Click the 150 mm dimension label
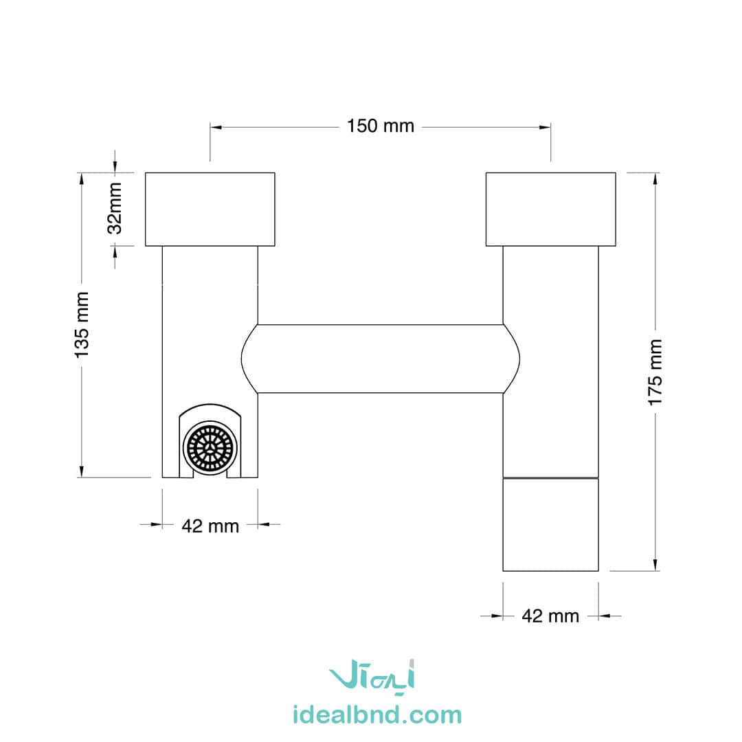[x=381, y=126]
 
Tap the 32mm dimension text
[x=115, y=208]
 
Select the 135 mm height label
[x=82, y=324]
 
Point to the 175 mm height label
[x=655, y=372]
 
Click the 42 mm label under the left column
[x=210, y=526]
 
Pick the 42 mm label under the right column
[x=550, y=616]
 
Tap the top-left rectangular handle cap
[x=210, y=209]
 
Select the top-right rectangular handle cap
[x=551, y=209]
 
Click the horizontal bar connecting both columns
[x=381, y=359]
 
